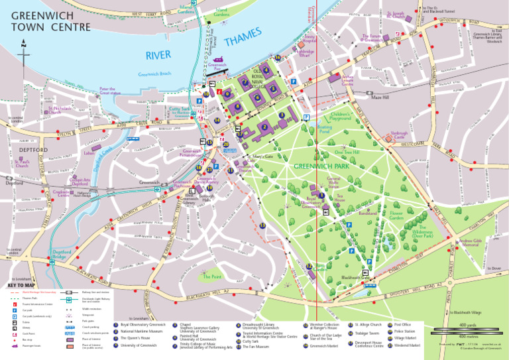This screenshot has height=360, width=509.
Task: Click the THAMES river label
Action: point(239,38)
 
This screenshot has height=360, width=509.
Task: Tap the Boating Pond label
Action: point(325,129)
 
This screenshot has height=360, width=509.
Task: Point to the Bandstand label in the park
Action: point(368,214)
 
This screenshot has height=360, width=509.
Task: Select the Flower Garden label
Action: point(396,215)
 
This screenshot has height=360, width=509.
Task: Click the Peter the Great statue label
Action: point(108,90)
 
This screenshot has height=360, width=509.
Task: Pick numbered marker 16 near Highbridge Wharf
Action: point(278,58)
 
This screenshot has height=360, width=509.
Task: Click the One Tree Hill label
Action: point(347,152)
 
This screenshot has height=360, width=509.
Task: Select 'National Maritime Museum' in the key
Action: point(141,331)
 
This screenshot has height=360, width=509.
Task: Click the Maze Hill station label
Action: point(380,97)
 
